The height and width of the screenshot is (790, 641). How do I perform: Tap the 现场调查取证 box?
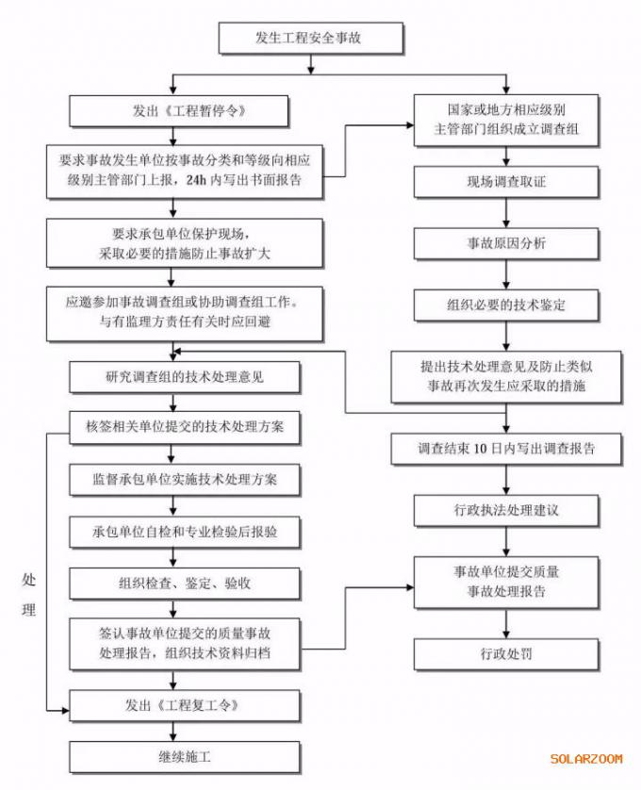[x=506, y=182]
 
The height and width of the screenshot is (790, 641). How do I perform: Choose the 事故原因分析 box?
[x=506, y=243]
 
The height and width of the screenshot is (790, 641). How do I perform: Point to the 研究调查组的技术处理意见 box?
[x=185, y=377]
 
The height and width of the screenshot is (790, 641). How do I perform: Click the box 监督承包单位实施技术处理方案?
[x=185, y=480]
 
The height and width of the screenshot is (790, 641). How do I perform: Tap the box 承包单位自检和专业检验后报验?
[x=185, y=532]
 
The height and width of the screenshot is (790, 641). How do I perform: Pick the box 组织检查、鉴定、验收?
[x=185, y=584]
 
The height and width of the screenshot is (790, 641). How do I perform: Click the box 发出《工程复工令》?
[x=185, y=704]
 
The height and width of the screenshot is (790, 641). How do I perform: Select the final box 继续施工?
[x=185, y=756]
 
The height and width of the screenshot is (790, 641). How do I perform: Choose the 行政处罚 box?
[x=506, y=652]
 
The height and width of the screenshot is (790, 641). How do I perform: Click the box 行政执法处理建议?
[x=506, y=511]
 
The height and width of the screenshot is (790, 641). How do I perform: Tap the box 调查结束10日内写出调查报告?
[x=506, y=449]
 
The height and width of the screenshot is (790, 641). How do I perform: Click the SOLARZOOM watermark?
[x=586, y=758]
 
